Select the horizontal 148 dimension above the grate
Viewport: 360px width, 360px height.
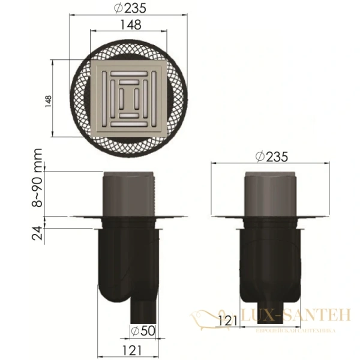(130, 25)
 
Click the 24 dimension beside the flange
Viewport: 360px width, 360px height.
(38, 232)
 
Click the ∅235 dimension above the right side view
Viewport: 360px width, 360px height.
(271, 157)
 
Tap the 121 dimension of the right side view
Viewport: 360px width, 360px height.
(226, 321)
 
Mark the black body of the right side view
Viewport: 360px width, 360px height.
(271, 264)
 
